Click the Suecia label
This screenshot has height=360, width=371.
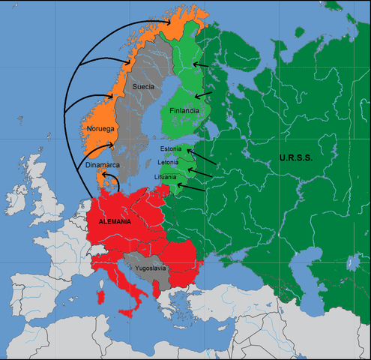(143, 87)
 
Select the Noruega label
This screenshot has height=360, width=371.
(100, 129)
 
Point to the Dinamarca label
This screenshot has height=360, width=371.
(102, 164)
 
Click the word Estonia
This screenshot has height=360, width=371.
(171, 149)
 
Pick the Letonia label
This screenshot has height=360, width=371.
(169, 163)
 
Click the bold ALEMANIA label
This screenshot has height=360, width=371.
(115, 222)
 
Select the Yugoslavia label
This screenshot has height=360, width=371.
(148, 268)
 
